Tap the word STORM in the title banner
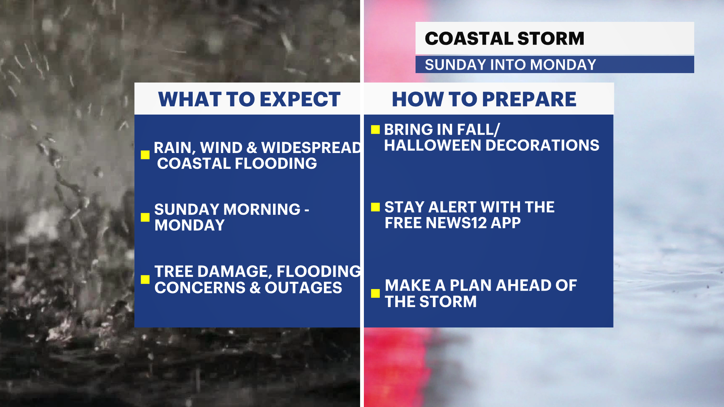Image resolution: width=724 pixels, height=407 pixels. [x=551, y=38]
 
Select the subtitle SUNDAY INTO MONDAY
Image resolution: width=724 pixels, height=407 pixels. [x=510, y=65]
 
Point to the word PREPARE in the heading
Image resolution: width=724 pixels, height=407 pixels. [x=529, y=99]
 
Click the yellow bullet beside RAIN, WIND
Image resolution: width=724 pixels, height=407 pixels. [x=145, y=155]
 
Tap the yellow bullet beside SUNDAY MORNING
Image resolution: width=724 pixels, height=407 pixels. [x=145, y=217]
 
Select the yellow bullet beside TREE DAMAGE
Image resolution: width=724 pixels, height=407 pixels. [x=145, y=279]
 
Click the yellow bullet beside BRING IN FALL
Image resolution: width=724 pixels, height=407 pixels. [x=375, y=130]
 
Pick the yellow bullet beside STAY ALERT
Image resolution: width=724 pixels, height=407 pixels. [x=375, y=207]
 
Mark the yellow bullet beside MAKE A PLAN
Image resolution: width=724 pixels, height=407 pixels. [x=375, y=293]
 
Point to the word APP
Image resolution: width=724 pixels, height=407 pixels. [x=506, y=223]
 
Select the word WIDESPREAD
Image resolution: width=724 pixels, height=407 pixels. [x=311, y=148]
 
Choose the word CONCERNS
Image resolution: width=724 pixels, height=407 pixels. [x=200, y=288]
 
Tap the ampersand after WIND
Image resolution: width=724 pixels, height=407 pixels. [x=252, y=148]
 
